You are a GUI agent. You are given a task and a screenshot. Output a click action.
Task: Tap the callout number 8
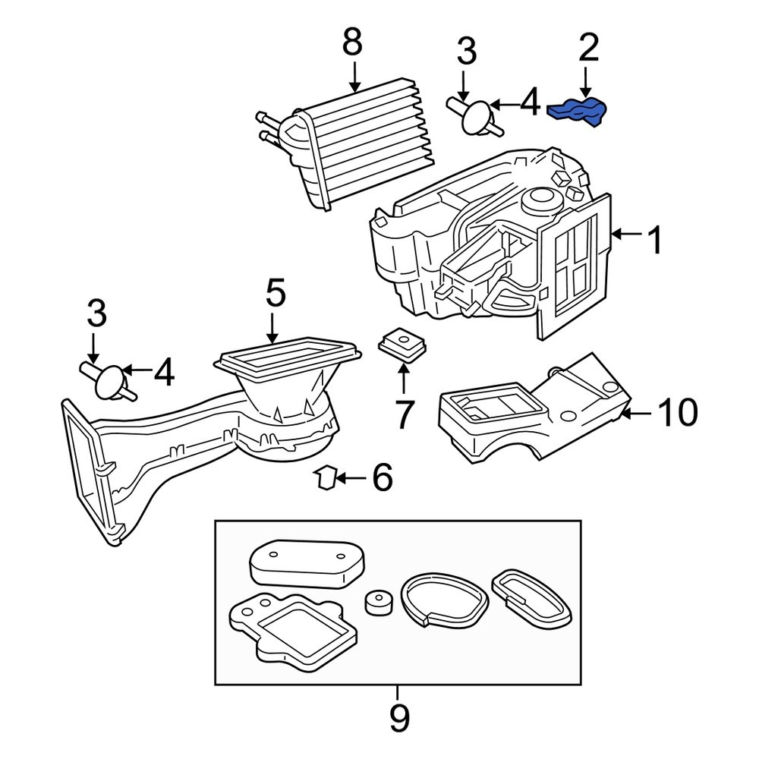[x=352, y=43]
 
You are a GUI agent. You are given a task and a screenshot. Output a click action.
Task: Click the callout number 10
[x=676, y=414]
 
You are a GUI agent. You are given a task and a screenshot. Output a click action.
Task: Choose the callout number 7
[x=402, y=414]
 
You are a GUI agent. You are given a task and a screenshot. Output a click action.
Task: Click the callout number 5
[x=275, y=294]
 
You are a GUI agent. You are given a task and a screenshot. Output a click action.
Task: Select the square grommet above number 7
[x=401, y=343]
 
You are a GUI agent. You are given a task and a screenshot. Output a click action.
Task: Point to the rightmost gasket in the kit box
[x=531, y=597]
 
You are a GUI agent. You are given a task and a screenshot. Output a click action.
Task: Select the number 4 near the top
[x=529, y=102]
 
